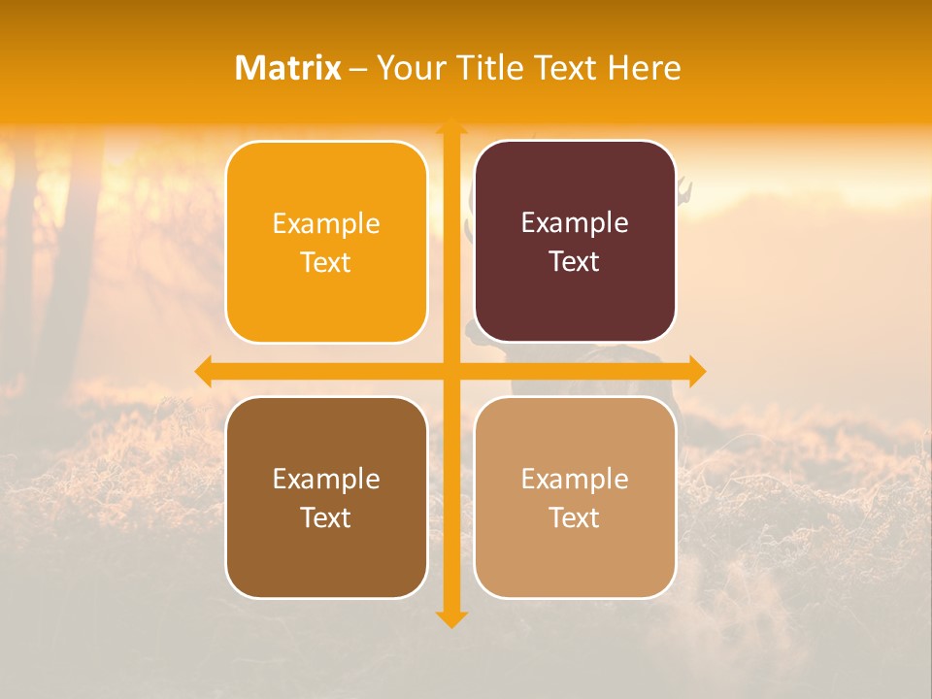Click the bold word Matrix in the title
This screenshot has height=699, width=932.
(288, 68)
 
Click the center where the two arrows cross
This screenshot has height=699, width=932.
(451, 371)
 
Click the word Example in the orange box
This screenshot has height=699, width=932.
(326, 224)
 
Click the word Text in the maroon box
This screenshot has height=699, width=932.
(575, 262)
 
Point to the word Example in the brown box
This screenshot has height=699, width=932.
(326, 480)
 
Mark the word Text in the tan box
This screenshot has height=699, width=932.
(575, 517)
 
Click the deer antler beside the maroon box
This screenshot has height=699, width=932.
(685, 189)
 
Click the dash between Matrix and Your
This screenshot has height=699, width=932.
(359, 69)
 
